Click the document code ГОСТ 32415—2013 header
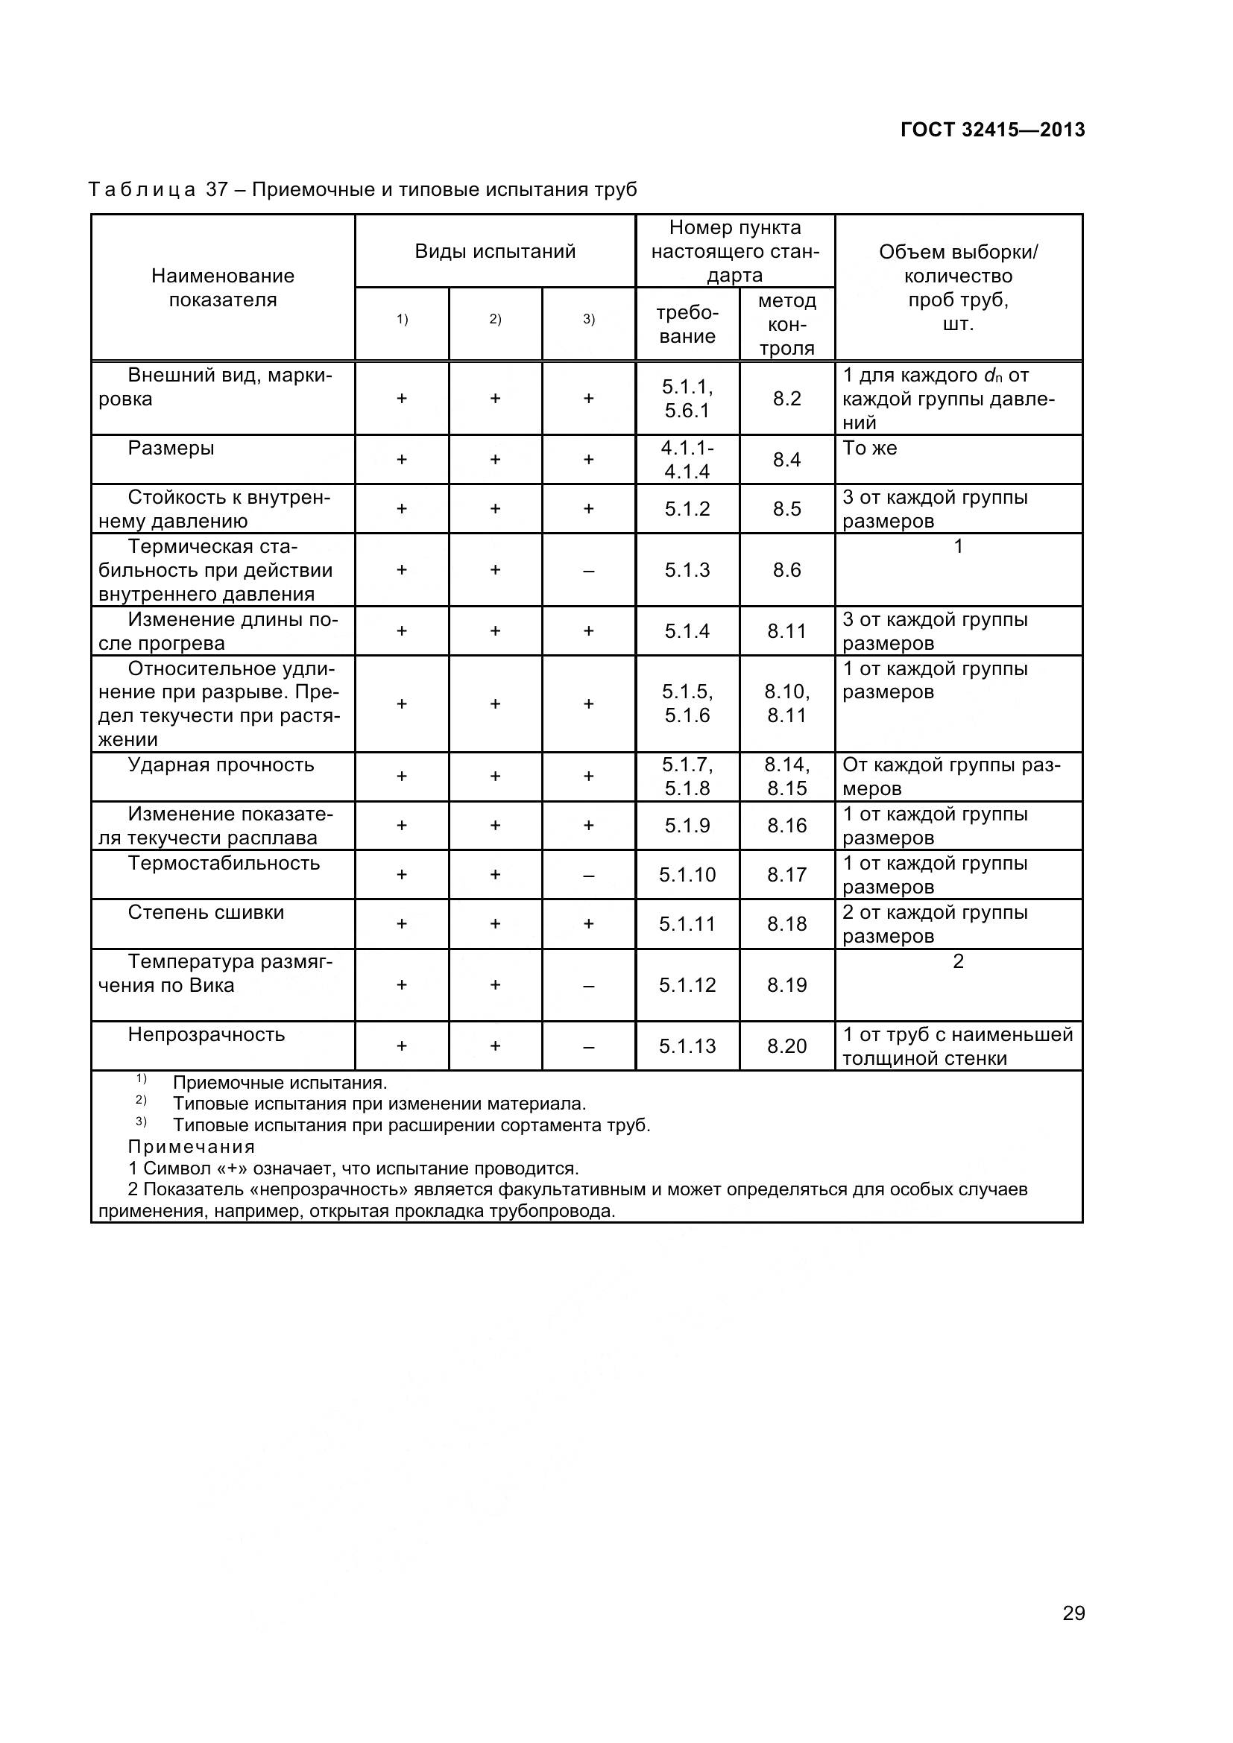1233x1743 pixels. [x=992, y=130]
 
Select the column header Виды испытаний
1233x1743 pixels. [x=495, y=251]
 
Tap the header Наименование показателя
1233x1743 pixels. [x=222, y=288]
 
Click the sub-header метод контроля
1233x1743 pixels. [x=786, y=324]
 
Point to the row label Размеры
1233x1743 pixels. [x=171, y=448]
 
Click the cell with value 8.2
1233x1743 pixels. [x=786, y=399]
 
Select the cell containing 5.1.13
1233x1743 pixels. [x=687, y=1046]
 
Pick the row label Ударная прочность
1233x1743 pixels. [x=220, y=765]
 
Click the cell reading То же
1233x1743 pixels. [x=869, y=448]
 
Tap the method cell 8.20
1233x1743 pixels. [x=786, y=1046]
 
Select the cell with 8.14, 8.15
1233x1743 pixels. [x=786, y=776]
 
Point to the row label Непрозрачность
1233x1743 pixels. [x=206, y=1034]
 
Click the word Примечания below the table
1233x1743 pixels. [x=192, y=1146]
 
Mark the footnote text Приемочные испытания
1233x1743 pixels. [x=280, y=1083]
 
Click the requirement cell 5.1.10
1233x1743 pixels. [x=687, y=875]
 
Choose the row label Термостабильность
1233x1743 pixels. [x=223, y=863]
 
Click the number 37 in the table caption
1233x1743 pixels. [x=217, y=189]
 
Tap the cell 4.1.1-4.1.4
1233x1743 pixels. [x=687, y=459]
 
